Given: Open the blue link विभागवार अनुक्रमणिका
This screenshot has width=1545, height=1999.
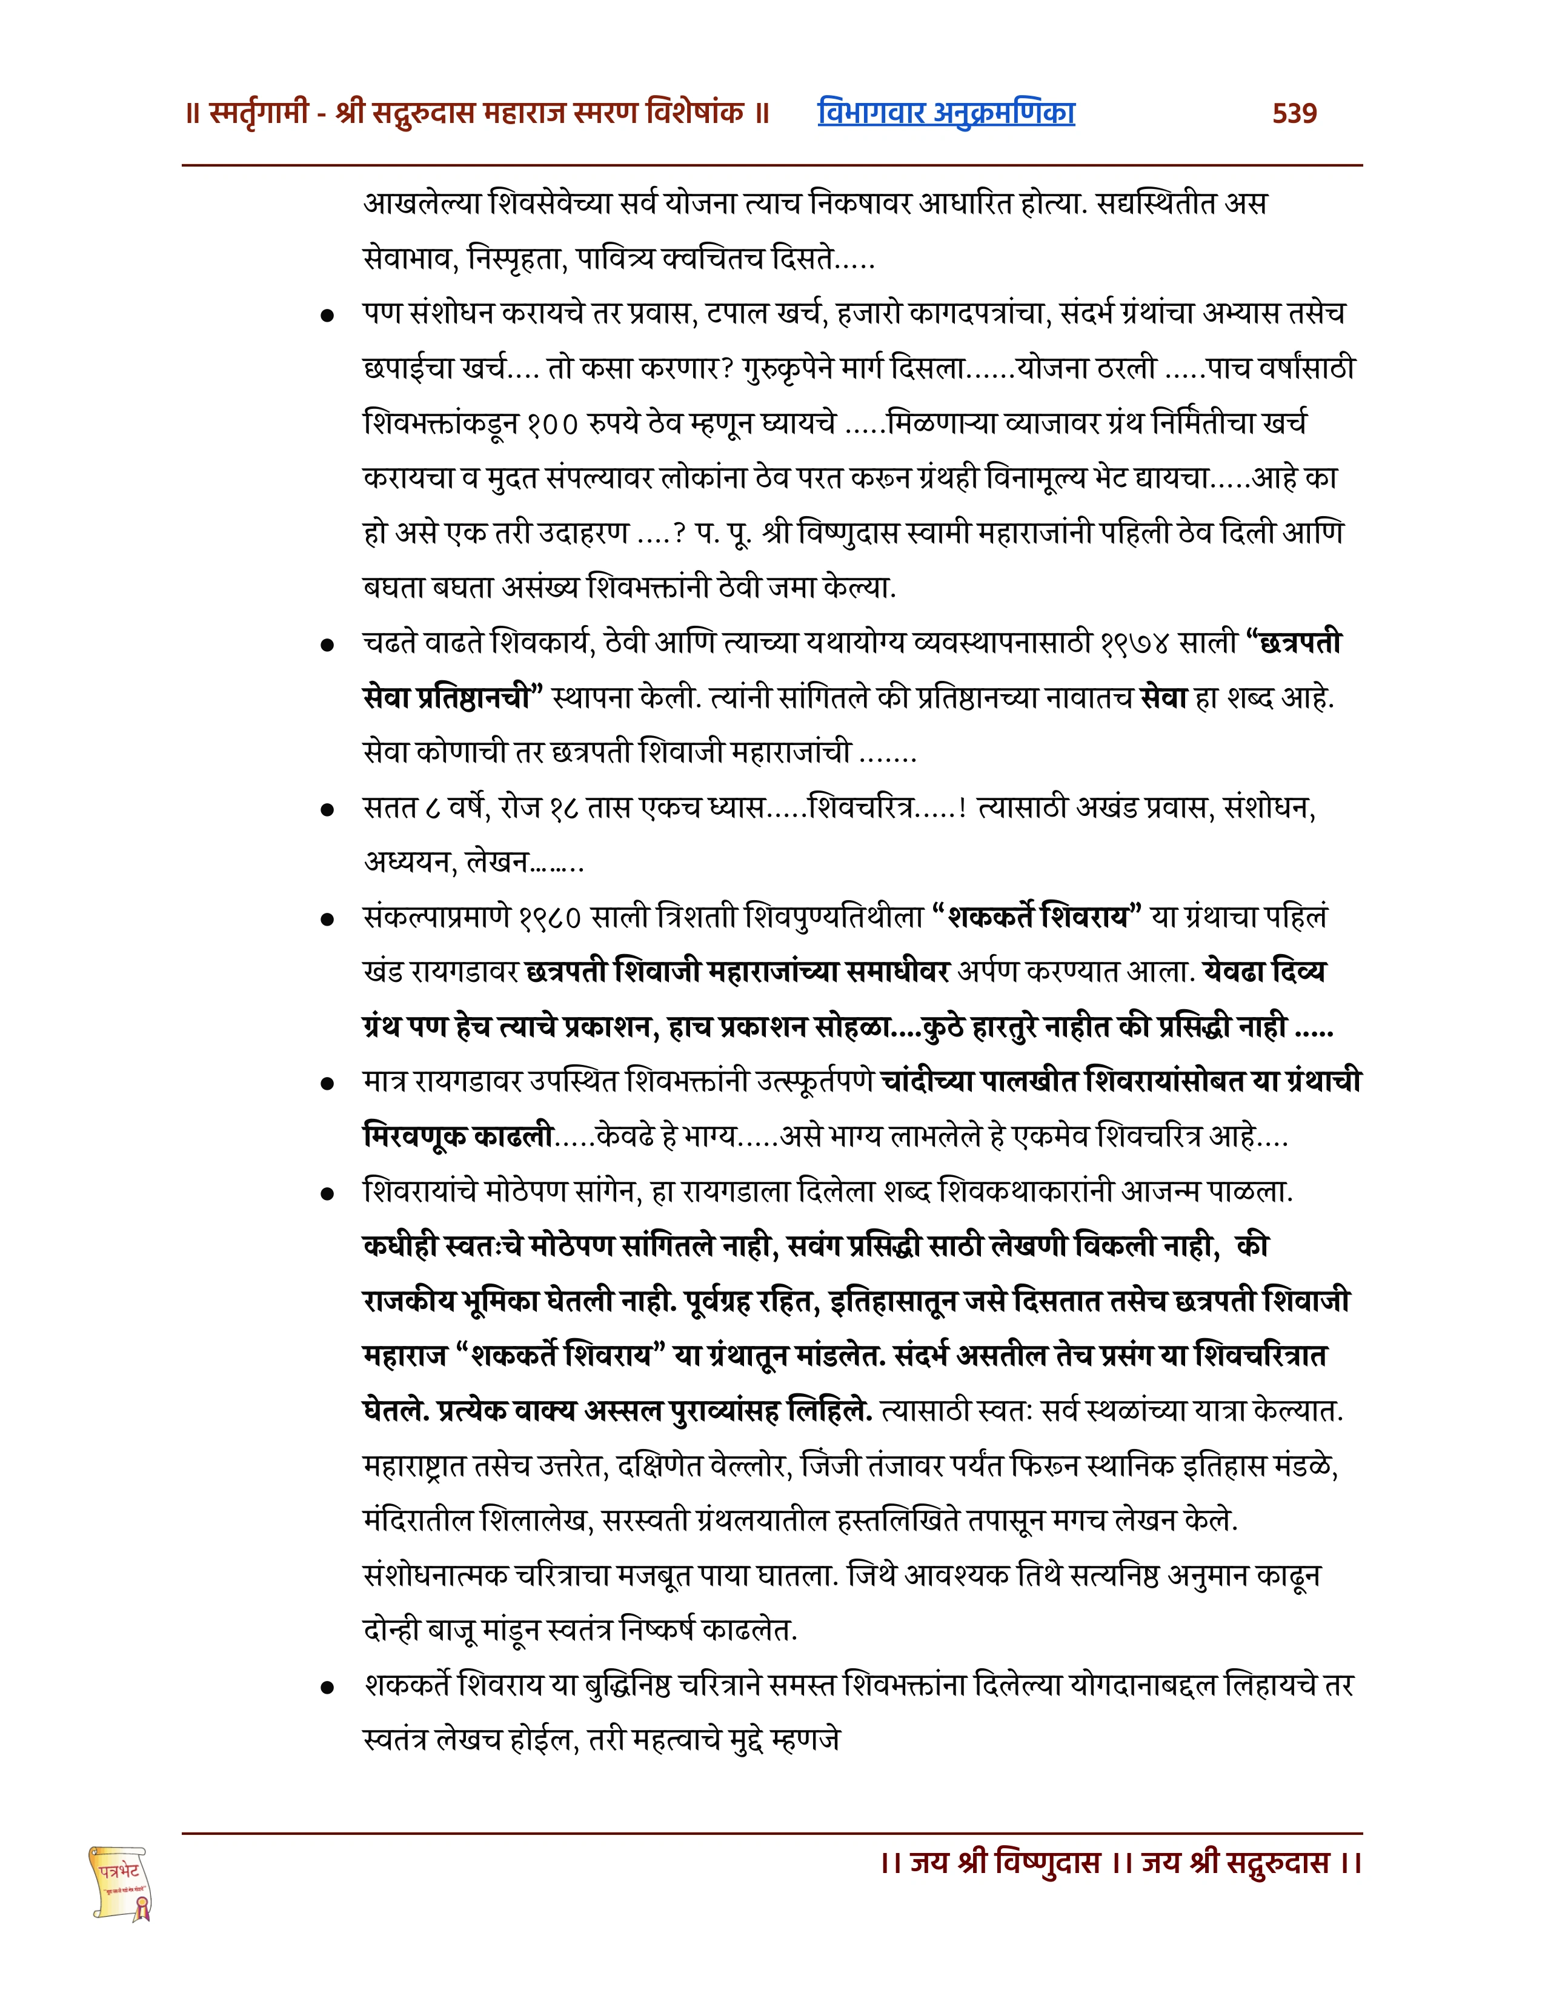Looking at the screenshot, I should pyautogui.click(x=946, y=113).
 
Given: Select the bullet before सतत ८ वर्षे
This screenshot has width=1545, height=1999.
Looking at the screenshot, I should pyautogui.click(x=327, y=810).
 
